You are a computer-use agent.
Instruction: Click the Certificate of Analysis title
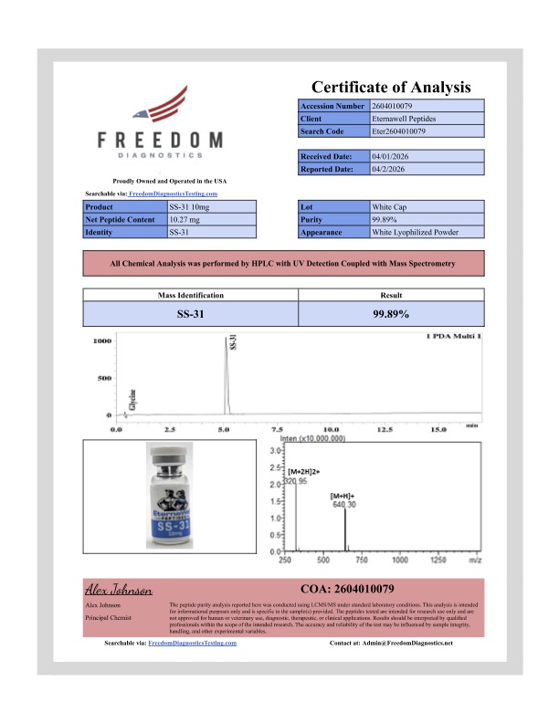391,88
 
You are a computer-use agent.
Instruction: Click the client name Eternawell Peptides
404,120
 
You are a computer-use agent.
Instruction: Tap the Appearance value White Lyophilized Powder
414,233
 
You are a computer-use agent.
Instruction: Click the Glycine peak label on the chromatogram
132,399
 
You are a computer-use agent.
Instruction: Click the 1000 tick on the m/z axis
399,560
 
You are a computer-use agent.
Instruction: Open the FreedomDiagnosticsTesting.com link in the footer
193,643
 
